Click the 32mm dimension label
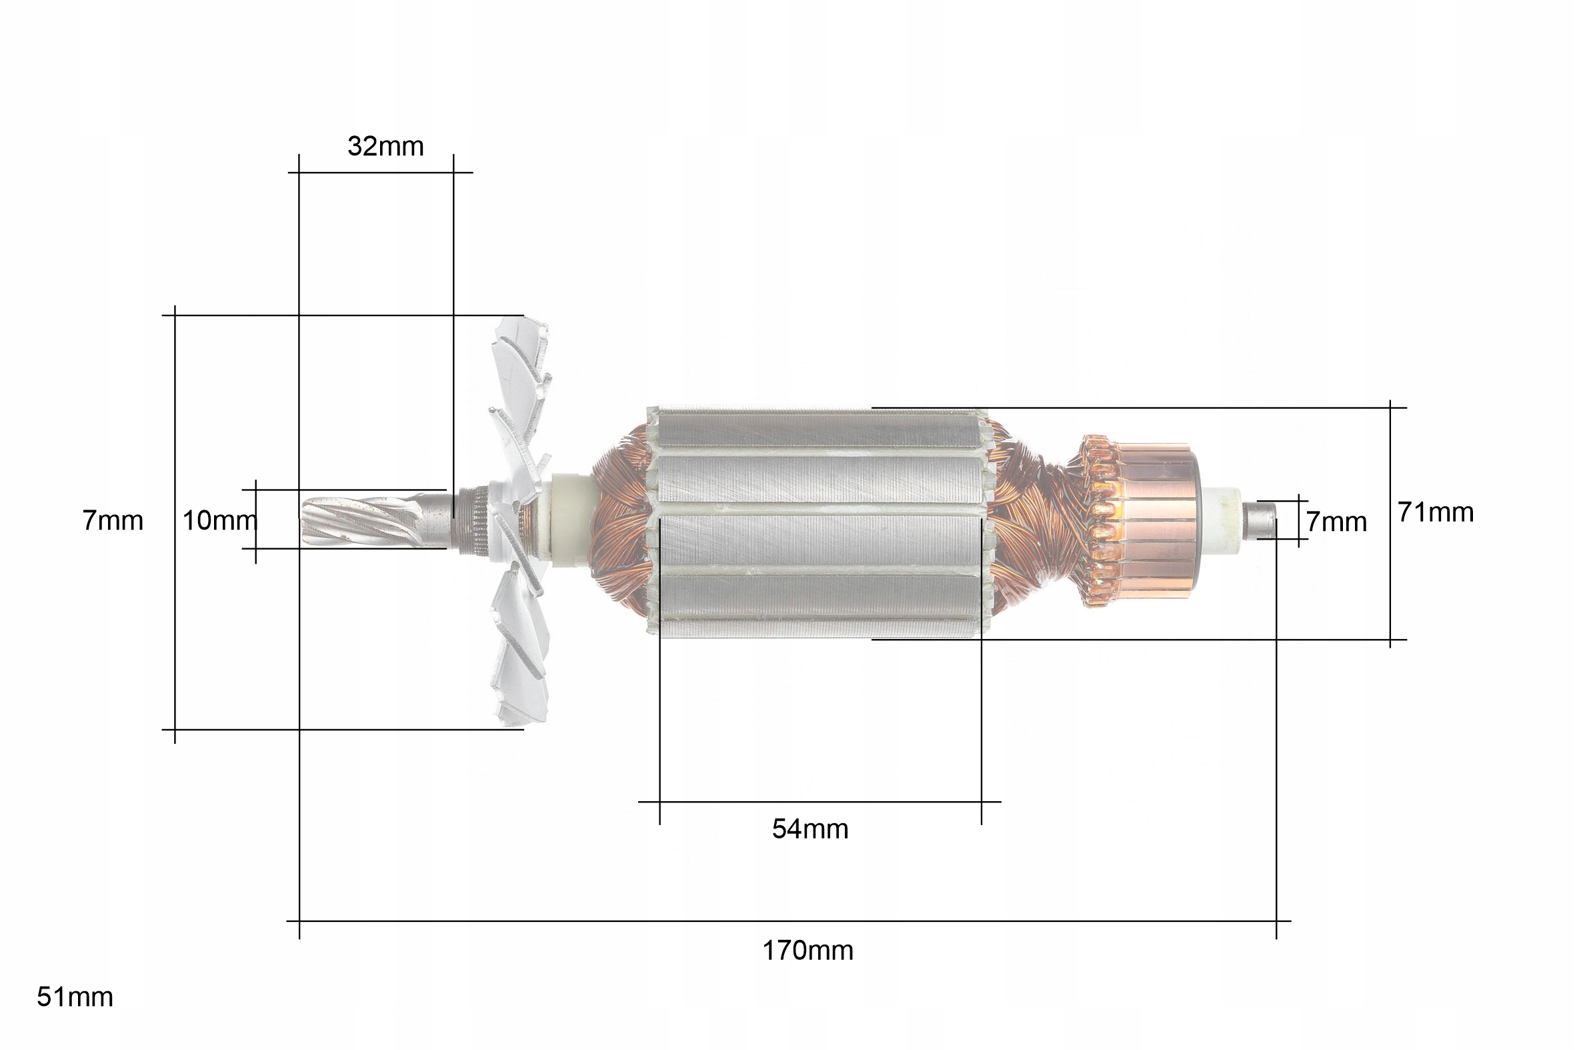tap(385, 146)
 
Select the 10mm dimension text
tap(219, 520)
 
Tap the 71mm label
tap(1436, 512)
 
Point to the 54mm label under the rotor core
tap(810, 829)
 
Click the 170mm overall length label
tap(808, 951)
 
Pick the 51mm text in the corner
tap(75, 997)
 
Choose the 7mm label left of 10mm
tap(113, 520)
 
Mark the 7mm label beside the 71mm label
tap(1337, 522)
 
